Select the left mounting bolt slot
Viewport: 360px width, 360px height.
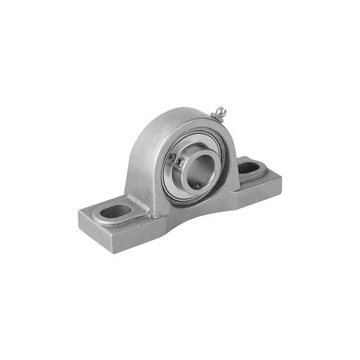(116, 211)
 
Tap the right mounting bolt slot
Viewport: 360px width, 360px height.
(250, 168)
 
